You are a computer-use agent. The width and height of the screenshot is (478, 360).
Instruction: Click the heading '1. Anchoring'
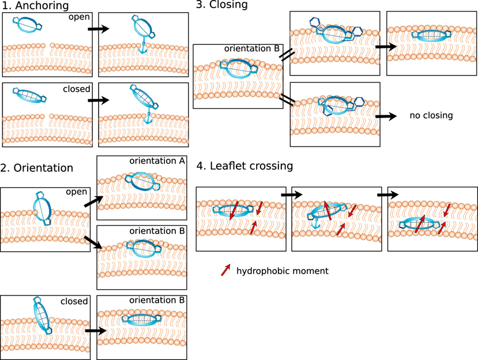coord(35,6)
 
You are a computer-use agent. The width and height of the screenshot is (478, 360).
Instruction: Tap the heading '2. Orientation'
coord(36,168)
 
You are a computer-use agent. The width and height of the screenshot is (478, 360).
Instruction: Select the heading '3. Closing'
coord(221,5)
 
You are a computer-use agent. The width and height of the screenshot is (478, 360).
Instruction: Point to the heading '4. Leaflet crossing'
coord(245,166)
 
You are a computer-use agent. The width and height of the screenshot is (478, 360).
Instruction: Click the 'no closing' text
coord(431,115)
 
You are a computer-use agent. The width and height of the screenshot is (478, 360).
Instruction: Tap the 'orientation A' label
coord(157,161)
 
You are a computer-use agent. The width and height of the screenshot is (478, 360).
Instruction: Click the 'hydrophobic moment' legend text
coord(283,271)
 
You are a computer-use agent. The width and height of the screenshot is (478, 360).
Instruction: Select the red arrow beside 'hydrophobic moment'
coord(225,270)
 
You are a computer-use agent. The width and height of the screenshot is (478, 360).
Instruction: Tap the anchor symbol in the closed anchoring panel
coord(148,118)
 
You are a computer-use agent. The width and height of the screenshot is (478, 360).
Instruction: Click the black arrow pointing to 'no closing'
coord(386,116)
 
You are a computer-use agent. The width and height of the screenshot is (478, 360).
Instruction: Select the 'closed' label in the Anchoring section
coord(77,89)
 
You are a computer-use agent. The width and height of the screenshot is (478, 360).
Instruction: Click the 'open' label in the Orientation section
coord(77,192)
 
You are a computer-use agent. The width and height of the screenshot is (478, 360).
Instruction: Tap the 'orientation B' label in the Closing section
coord(252,49)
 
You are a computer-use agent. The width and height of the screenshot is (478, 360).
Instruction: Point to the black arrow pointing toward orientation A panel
coord(93,202)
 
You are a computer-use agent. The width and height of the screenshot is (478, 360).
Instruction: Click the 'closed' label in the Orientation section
coord(74,301)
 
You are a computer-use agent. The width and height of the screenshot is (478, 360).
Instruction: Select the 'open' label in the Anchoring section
coord(79,17)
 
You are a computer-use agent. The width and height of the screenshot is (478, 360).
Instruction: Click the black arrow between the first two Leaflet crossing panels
coord(292,195)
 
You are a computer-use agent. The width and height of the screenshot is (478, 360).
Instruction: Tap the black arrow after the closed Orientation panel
coord(96,331)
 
